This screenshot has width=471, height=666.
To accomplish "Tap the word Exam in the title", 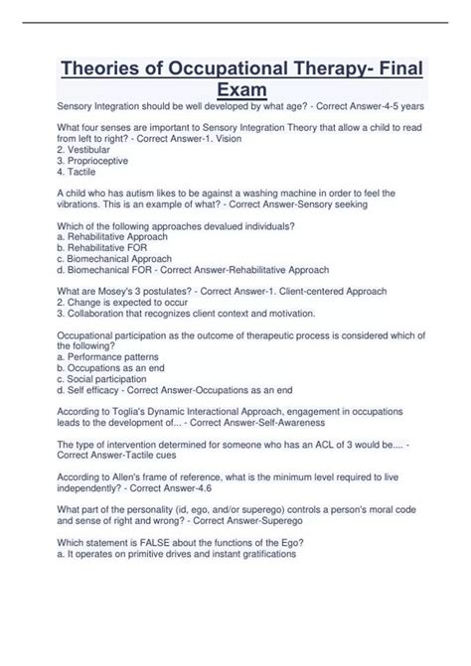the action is tap(242, 94).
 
